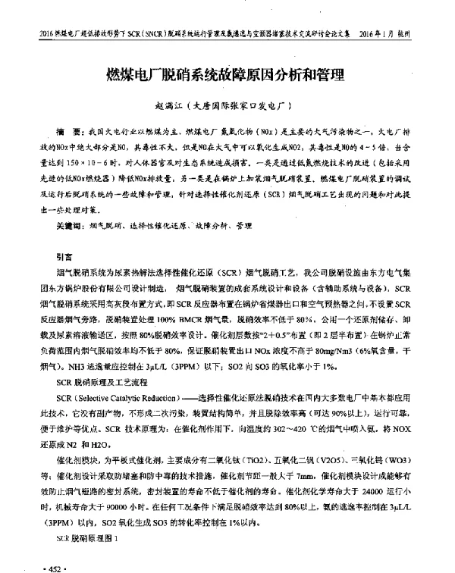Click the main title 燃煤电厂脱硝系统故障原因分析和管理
(226, 75)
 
